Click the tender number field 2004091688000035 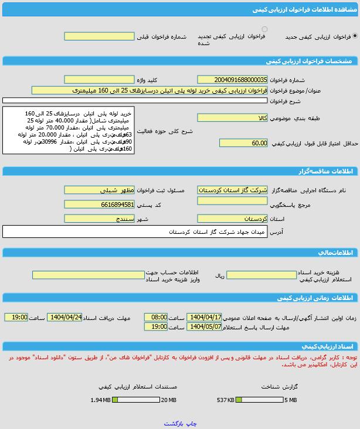coord(232,79)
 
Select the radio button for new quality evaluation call coord(355,36)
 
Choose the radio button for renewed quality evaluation coord(264,29)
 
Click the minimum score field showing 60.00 coord(243,143)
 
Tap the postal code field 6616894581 coord(100,205)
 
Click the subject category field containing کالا coord(232,118)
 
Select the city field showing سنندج coord(100,219)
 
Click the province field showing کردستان coord(232,219)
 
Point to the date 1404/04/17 coord(204,317)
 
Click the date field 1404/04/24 coord(64,317)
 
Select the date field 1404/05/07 coord(204,326)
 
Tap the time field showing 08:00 coord(155,317)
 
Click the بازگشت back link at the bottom coord(174,423)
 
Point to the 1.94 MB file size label coord(100,400)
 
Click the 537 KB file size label coord(226,400)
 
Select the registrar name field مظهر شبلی coord(100,190)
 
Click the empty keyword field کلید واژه coord(100,79)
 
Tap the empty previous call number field coord(100,36)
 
